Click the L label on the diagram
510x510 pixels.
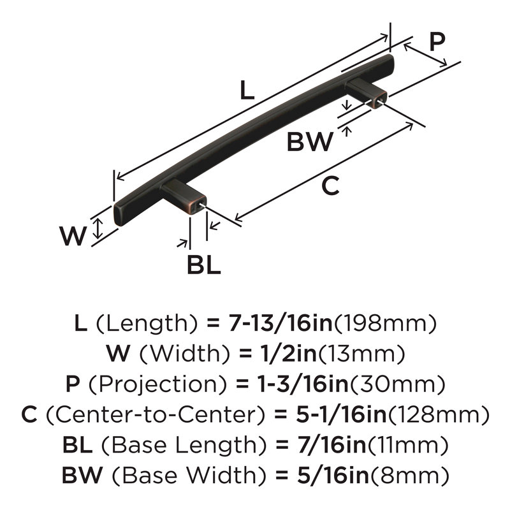point(247,90)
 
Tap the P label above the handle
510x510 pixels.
point(437,41)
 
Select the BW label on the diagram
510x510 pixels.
point(310,142)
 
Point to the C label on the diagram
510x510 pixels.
point(330,186)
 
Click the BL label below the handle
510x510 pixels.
point(204,265)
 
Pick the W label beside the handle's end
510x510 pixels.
point(73,236)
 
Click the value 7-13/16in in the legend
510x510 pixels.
point(280,323)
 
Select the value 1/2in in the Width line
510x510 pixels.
point(288,353)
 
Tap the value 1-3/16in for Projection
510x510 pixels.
point(303,384)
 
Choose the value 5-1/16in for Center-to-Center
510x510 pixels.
point(341,414)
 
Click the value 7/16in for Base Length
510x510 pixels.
point(331,445)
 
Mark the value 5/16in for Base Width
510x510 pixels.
point(333,475)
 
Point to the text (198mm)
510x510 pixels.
point(386,323)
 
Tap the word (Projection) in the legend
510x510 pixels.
point(157,384)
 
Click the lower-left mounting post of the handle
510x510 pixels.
point(184,196)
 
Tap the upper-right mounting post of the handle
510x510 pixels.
point(366,92)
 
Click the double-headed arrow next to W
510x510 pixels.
point(98,228)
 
